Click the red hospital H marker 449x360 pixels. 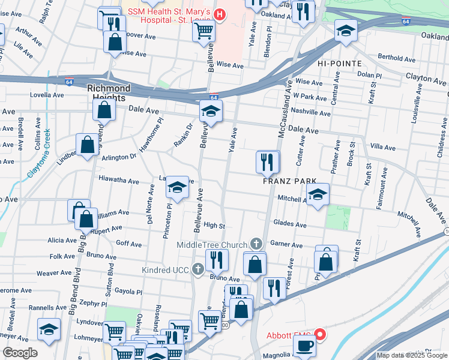(220, 13)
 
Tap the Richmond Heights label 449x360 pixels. (109, 92)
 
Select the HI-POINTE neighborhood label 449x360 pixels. (339, 64)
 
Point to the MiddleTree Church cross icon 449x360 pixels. (256, 244)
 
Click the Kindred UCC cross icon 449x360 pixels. (199, 270)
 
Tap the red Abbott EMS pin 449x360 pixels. (320, 335)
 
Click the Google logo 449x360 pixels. (20, 353)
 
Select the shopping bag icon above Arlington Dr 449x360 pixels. (87, 145)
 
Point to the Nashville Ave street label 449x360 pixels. (310, 113)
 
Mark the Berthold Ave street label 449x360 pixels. (397, 58)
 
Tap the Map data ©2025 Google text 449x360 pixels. (412, 355)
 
